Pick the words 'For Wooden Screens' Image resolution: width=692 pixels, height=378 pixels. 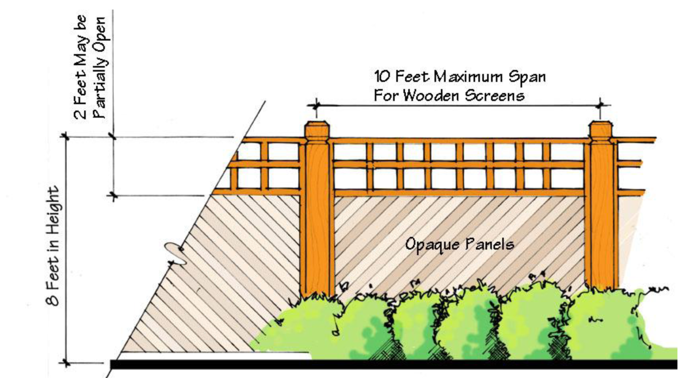click(449, 96)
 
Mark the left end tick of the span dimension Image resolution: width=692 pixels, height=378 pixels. click(316, 105)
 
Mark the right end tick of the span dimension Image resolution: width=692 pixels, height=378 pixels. click(600, 105)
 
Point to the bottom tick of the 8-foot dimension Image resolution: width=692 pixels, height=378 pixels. click(66, 363)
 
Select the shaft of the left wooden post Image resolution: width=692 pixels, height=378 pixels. click(317, 217)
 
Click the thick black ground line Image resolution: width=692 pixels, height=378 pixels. click(392, 364)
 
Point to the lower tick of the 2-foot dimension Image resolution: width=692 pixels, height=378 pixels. click(113, 195)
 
